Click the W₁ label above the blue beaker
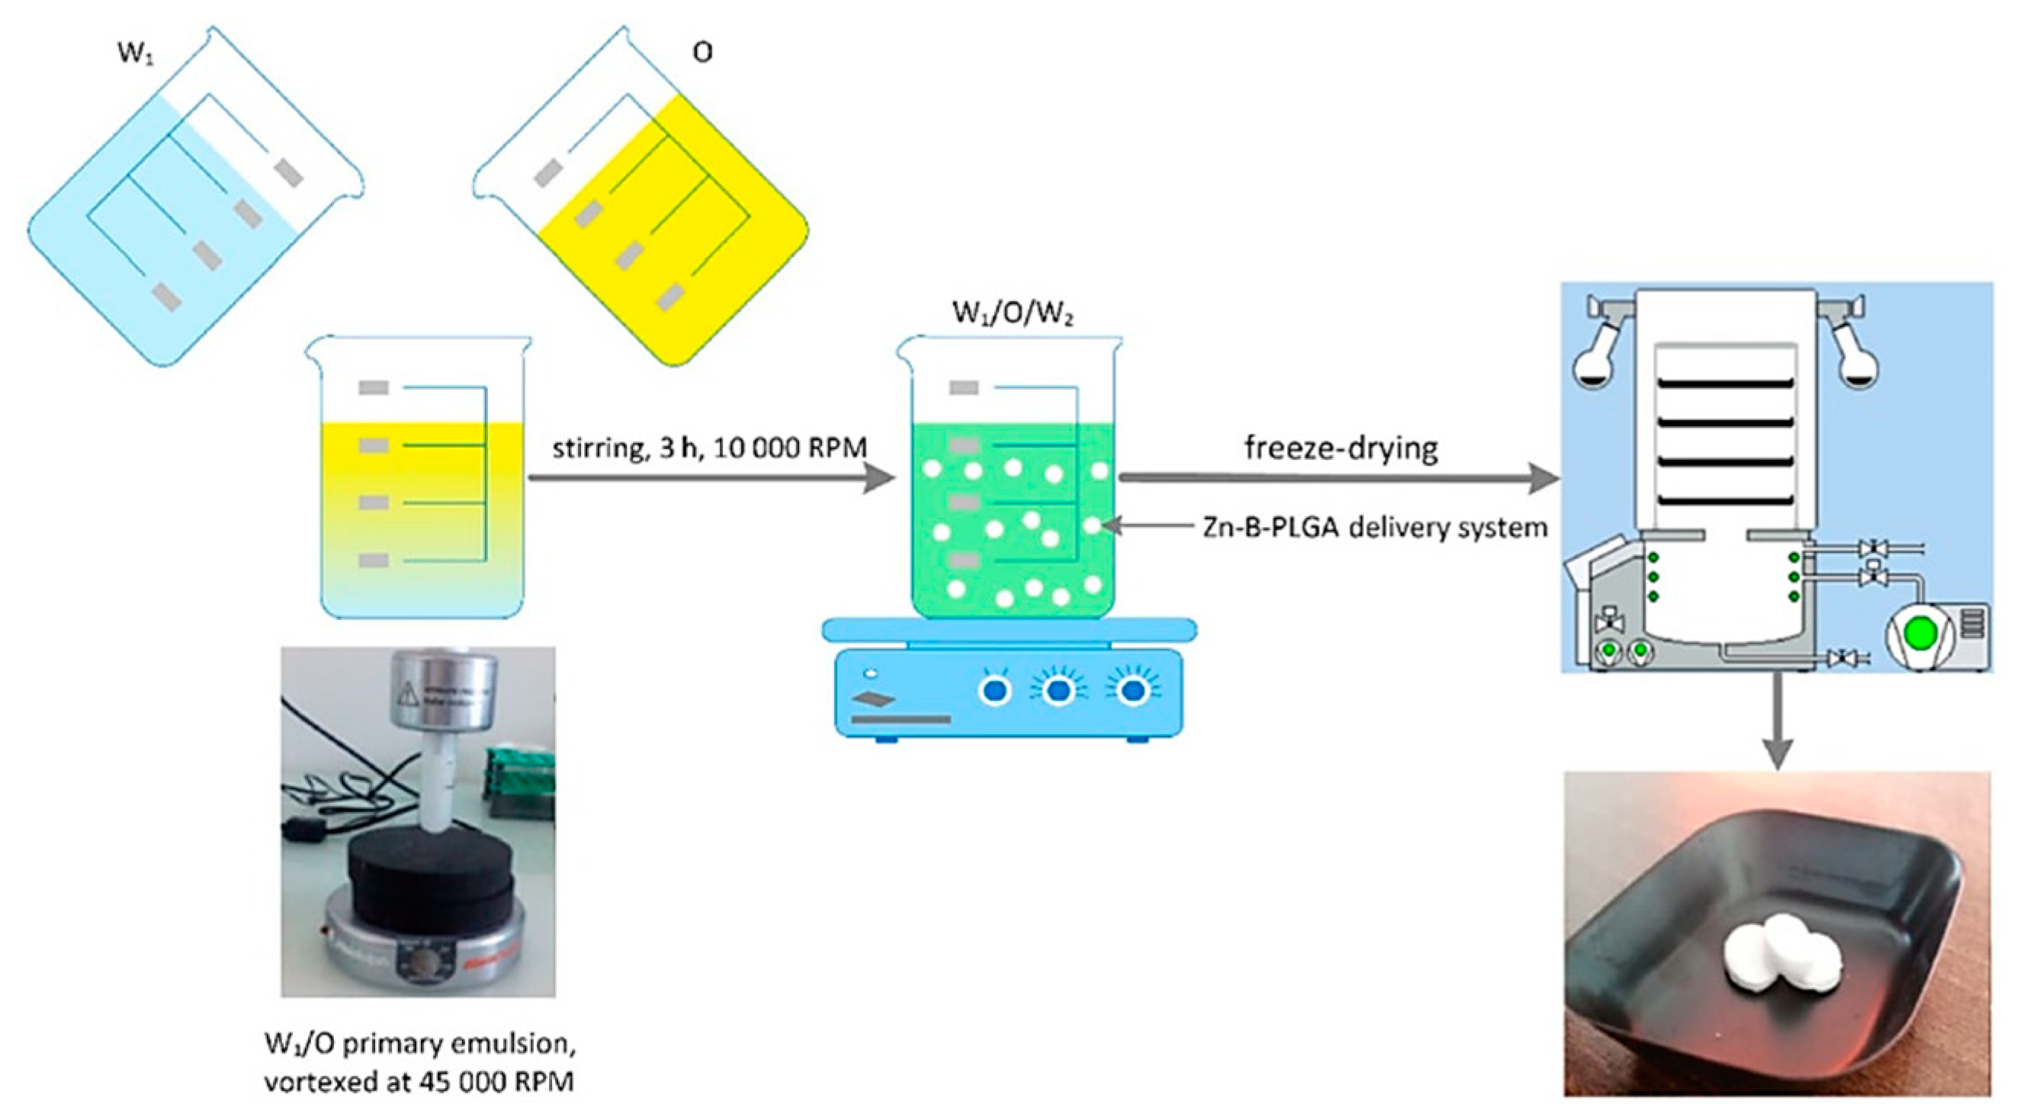[135, 53]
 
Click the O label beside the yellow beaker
[702, 53]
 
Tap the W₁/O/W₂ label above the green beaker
[1012, 313]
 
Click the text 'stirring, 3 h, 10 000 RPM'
[709, 448]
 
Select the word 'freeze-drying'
[1341, 448]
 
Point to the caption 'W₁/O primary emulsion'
[420, 1044]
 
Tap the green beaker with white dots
[1011, 517]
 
